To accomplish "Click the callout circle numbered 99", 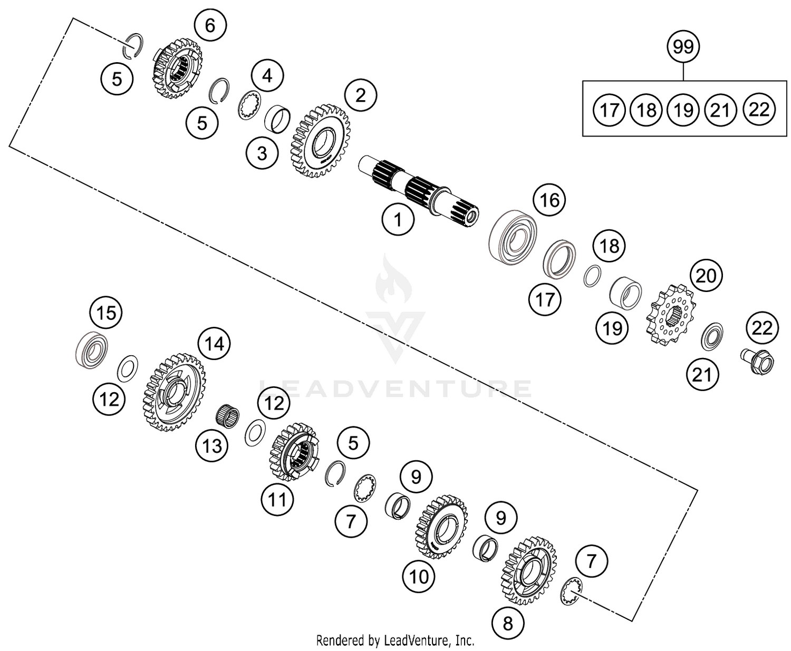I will tap(683, 47).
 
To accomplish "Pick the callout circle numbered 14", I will tap(214, 344).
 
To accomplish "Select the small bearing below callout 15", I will tap(92, 349).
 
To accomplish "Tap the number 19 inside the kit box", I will tap(683, 110).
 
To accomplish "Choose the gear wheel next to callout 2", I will tap(321, 140).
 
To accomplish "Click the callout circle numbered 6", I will tap(210, 25).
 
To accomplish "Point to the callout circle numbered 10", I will tap(419, 576).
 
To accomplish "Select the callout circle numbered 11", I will tap(278, 499).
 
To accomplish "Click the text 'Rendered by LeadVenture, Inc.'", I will tap(395, 640).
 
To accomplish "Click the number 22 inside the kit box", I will tap(759, 110).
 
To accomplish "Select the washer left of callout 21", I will tap(712, 336).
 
